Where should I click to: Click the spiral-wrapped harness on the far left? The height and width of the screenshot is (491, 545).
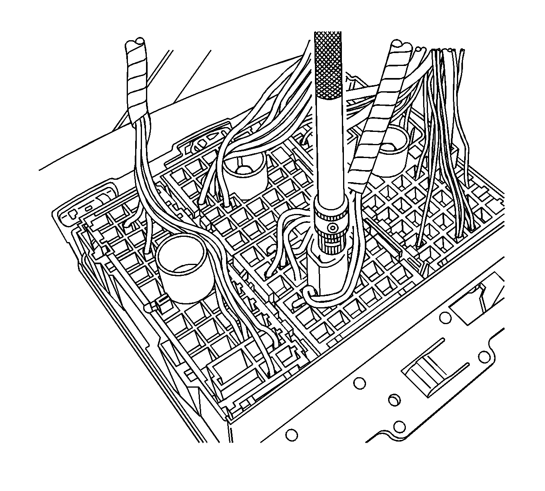(x=137, y=80)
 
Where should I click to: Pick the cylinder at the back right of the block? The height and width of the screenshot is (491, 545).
(x=392, y=149)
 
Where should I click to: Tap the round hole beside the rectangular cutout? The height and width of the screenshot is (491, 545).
(x=445, y=318)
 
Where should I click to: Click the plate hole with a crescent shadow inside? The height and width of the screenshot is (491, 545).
(x=395, y=400)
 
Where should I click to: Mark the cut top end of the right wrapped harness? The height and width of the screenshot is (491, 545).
(x=401, y=45)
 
